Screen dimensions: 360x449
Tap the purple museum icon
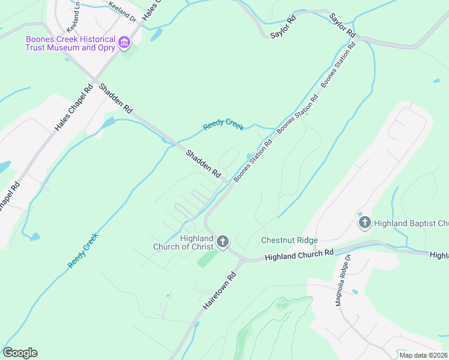coord(125,42)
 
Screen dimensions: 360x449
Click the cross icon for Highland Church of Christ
coord(223,242)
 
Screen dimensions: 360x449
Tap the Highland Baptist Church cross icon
coord(364,223)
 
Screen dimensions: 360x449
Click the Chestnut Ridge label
coord(289,241)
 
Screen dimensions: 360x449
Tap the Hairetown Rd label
coord(220,289)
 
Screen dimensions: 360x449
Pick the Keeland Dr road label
coord(122,11)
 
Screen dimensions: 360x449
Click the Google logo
coord(20,353)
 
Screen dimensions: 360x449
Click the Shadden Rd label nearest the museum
coord(115,98)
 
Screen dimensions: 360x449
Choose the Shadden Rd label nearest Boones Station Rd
coord(203,163)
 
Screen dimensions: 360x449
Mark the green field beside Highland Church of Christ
coord(208,259)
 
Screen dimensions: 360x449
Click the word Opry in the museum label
coord(104,47)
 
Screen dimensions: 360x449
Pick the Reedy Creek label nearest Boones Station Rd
coord(223,124)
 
